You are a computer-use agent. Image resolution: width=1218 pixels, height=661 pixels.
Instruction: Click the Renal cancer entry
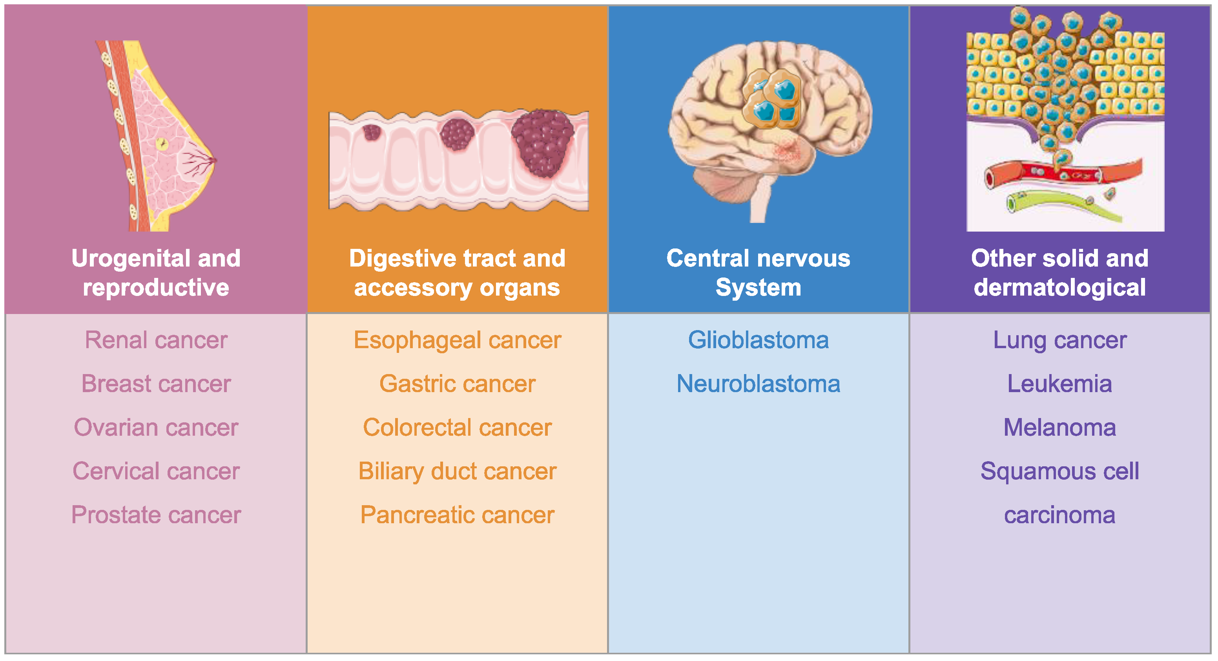click(156, 340)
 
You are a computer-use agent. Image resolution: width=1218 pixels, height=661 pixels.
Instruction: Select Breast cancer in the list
click(156, 384)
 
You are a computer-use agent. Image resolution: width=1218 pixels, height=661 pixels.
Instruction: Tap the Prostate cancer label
click(156, 515)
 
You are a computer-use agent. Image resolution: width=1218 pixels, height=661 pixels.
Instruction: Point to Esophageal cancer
click(457, 340)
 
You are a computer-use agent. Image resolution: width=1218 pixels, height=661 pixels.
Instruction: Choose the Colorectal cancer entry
click(457, 428)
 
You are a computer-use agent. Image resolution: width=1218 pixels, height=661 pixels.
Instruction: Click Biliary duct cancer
click(457, 471)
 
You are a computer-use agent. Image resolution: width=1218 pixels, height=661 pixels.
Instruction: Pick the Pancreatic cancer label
click(457, 515)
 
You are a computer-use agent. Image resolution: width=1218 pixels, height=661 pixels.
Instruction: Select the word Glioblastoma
click(758, 340)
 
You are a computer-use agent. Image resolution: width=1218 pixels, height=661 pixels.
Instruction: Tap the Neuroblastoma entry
click(758, 384)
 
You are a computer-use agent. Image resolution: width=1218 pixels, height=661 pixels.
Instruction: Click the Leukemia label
click(1059, 384)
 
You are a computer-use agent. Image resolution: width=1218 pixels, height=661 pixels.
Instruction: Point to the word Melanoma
click(1059, 428)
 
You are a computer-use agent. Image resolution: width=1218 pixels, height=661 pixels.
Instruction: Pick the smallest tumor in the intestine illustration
click(372, 132)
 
